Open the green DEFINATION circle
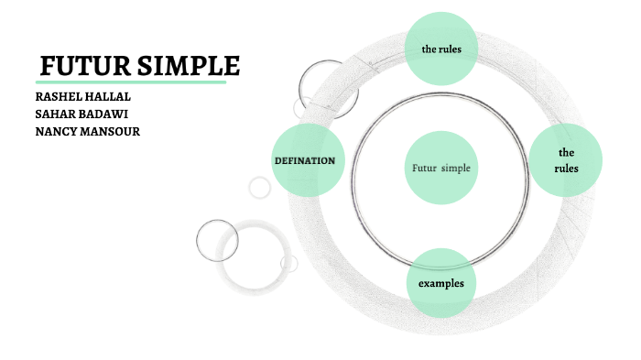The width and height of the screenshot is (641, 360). [x=308, y=160]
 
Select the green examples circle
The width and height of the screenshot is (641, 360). [x=441, y=283]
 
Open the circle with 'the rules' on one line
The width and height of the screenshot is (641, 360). [x=441, y=49]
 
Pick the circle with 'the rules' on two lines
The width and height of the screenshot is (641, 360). [x=566, y=160]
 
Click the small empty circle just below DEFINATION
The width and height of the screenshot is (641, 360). [x=260, y=187]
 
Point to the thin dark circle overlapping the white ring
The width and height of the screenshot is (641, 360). [x=217, y=240]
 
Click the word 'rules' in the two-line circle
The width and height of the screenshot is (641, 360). [x=566, y=168]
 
